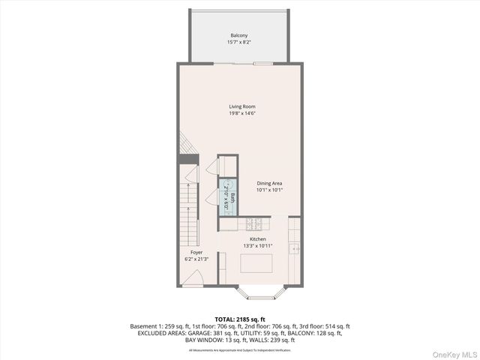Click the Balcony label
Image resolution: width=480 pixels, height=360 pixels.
(x=238, y=35)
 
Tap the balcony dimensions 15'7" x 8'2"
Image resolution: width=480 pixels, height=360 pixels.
(x=238, y=43)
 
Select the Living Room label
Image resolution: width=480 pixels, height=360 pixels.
(x=242, y=106)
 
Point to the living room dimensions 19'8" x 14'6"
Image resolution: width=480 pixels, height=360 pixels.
(x=242, y=114)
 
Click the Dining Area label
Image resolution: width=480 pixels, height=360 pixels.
(x=270, y=183)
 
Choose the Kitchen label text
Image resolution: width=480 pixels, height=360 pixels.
(x=258, y=239)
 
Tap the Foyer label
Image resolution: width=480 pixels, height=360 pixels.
(x=196, y=253)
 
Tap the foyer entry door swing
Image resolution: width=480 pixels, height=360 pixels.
(x=193, y=279)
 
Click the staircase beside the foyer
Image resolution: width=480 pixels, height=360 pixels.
(x=190, y=214)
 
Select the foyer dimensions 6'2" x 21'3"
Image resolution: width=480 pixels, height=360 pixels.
(x=196, y=259)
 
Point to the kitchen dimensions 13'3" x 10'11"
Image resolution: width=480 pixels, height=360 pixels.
(x=258, y=246)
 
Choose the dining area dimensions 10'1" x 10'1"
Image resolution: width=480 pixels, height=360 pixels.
(x=270, y=190)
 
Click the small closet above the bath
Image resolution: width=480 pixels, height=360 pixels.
(x=227, y=165)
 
